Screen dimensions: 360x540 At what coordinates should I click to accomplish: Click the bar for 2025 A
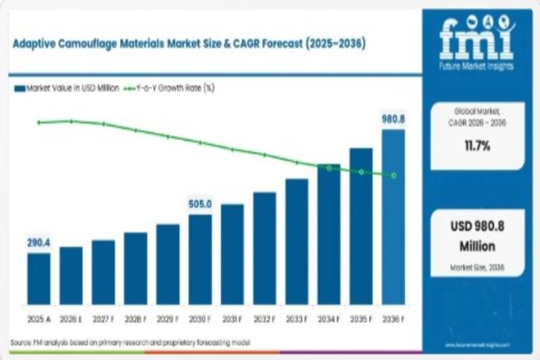click(x=38, y=278)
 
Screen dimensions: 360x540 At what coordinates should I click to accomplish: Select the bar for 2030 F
click(x=200, y=259)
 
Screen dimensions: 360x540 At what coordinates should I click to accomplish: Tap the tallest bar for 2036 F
click(x=394, y=217)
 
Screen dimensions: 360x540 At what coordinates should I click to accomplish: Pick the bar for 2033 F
click(x=296, y=241)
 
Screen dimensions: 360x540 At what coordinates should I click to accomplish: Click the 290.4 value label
click(x=38, y=242)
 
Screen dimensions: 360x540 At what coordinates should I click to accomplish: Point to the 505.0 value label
click(x=200, y=203)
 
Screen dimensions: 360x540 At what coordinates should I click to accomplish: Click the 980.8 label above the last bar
click(x=394, y=118)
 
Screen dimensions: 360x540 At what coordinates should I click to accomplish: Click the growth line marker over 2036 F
click(x=394, y=176)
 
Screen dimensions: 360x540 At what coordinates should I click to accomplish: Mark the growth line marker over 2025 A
click(x=39, y=122)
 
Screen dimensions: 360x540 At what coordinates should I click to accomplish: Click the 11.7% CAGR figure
click(x=477, y=145)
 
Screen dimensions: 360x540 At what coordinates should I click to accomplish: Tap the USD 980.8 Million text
click(x=477, y=236)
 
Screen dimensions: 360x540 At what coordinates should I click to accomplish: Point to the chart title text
click(x=188, y=44)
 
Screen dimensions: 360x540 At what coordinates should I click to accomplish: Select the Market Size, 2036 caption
click(x=477, y=268)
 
